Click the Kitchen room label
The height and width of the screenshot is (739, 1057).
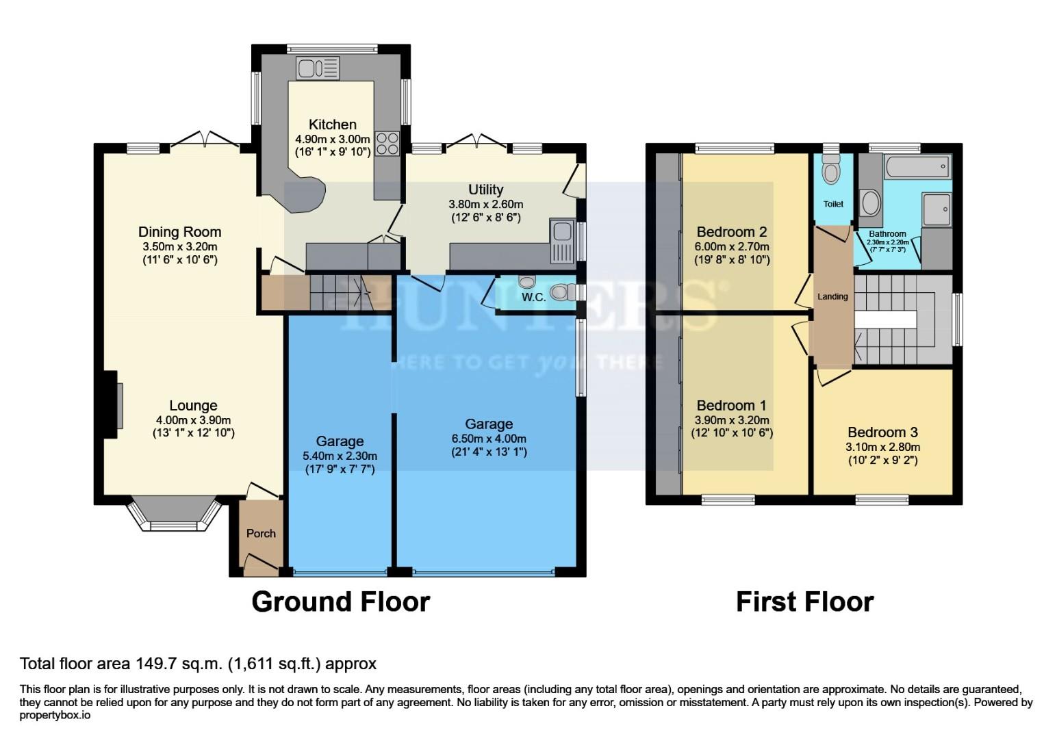click(332, 125)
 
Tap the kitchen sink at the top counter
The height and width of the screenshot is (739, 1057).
click(318, 68)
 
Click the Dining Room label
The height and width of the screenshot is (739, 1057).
click(179, 232)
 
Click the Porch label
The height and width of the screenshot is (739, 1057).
click(261, 533)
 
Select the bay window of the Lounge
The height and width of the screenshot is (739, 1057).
click(174, 515)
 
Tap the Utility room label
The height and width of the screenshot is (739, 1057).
click(485, 190)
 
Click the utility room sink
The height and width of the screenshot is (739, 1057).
click(560, 241)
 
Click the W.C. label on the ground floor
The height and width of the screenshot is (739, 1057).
click(533, 297)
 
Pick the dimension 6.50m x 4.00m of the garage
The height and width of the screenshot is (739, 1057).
click(489, 439)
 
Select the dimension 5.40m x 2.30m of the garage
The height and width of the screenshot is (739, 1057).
click(340, 456)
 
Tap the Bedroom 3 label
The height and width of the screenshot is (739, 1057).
click(882, 432)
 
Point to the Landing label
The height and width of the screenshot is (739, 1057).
click(832, 296)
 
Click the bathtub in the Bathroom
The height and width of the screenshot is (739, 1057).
click(917, 166)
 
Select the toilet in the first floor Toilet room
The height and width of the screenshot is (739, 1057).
click(832, 171)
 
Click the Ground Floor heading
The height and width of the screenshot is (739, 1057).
click(340, 602)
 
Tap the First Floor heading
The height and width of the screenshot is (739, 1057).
click(804, 602)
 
